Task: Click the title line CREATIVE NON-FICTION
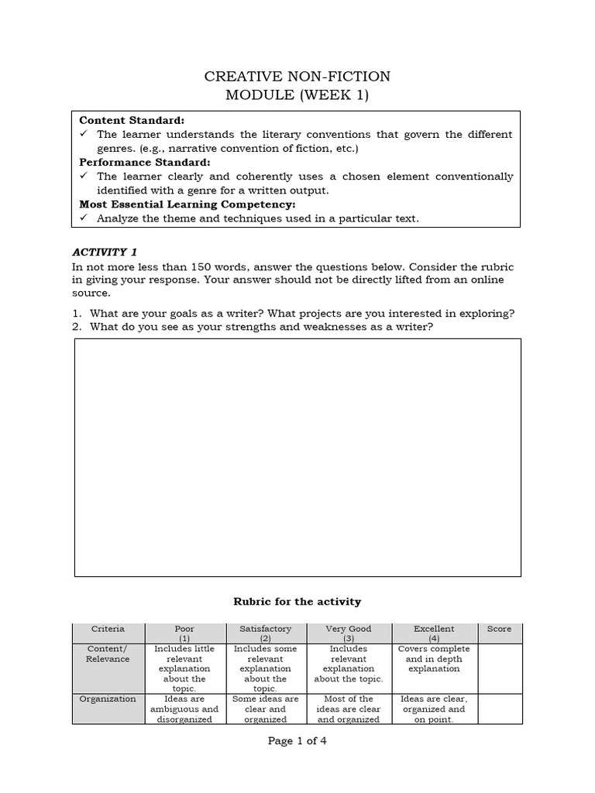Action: point(297,76)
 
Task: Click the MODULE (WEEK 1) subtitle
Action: point(297,96)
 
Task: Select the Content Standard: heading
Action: point(132,121)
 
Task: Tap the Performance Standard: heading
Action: point(145,163)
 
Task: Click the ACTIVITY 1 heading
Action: point(105,252)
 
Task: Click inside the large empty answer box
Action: point(297,457)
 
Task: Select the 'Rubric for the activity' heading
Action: point(297,601)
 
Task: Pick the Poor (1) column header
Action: point(185,633)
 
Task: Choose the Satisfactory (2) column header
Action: point(266,633)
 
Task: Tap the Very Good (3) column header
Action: point(349,633)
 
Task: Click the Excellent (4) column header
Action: point(434,633)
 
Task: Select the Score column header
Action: point(499,629)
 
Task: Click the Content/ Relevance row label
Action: point(108,654)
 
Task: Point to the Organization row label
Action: point(108,699)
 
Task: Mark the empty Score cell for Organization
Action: point(499,709)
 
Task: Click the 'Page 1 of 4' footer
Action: point(297,741)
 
